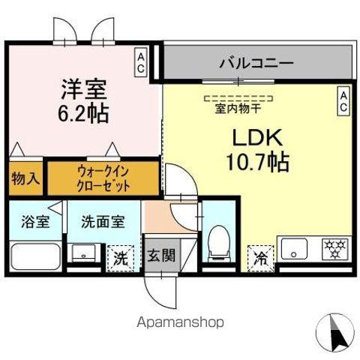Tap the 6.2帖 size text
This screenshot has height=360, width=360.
83,114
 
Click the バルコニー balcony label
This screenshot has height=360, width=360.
256,63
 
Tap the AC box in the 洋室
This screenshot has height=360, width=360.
140,61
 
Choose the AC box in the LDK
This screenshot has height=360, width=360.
343,101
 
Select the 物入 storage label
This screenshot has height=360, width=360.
24,178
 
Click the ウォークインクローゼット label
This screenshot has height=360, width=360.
103,178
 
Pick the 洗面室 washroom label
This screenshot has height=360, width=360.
103,221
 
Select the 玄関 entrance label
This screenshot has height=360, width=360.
160,256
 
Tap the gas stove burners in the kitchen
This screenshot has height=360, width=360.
331,247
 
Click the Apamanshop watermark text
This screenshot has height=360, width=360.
180,322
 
